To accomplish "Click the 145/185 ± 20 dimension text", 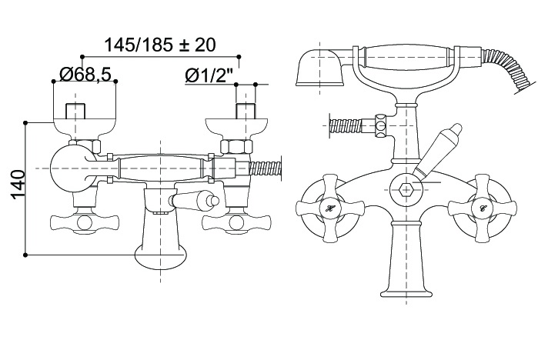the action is [160, 45].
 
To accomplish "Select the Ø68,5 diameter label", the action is [85, 74].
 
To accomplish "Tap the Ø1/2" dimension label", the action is [209, 75].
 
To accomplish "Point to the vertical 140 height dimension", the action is [18, 185].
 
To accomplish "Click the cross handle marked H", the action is [329, 208].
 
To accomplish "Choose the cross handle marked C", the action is [483, 208].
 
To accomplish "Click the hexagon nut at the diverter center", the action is [406, 189].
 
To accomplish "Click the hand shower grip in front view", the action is [406, 57].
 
